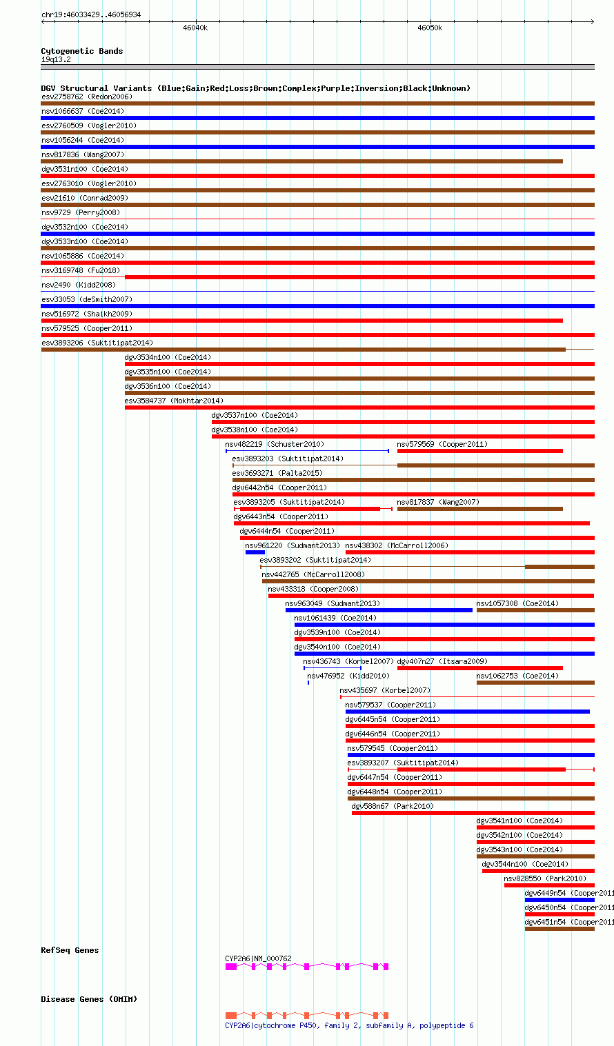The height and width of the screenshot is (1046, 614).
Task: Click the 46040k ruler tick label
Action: pos(195,28)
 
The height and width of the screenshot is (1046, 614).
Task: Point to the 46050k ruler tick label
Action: pos(430,28)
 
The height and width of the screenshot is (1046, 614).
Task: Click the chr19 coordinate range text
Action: pos(91,14)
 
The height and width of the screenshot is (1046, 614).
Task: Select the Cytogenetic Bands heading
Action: pos(81,51)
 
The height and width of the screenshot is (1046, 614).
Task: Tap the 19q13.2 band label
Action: pos(56,59)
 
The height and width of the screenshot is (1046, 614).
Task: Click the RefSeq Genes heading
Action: pos(70,950)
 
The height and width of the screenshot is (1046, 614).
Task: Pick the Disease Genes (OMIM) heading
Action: pos(89,999)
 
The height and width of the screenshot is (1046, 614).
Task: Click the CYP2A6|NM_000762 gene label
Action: pos(258,958)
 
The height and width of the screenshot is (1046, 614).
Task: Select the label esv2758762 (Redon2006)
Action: pos(87,97)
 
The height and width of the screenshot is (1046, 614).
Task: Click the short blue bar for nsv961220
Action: pos(255,552)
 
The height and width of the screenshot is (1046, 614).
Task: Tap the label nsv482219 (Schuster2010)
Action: pos(275,444)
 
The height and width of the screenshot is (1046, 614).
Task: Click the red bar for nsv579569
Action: pos(479,451)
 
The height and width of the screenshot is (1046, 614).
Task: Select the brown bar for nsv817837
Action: pos(479,509)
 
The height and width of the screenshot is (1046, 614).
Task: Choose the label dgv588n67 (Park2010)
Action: pos(393,806)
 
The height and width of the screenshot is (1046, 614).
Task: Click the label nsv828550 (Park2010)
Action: pos(545,878)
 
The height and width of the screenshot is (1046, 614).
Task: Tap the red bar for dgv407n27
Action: pos(479,668)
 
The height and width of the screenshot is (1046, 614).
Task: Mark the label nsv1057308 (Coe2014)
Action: pos(517,603)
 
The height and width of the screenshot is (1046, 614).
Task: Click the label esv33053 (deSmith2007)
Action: pos(87,299)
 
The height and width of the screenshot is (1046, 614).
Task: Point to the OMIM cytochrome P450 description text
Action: pos(349,1025)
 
